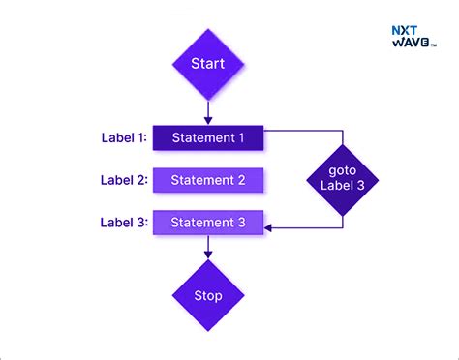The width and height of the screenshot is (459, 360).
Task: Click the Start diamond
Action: coord(207,65)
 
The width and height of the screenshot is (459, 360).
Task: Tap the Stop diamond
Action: coord(207,295)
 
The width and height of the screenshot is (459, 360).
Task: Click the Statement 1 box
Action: coord(208,137)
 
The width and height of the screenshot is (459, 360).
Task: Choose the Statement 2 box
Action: coord(208,180)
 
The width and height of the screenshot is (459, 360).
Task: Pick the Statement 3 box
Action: coord(208,223)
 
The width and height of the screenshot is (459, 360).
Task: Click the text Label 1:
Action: coord(124,137)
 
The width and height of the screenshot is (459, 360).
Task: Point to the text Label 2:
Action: coord(124,180)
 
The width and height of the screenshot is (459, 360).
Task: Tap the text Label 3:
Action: coord(124,223)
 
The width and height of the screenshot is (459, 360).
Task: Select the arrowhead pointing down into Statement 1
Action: coord(207,120)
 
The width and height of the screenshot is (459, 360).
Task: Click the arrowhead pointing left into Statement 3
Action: coord(270,228)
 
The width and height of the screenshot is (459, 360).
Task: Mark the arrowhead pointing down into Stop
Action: coord(207,255)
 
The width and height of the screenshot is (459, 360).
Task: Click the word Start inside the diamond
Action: coord(207,65)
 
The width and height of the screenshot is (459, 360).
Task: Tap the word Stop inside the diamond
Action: coord(207,295)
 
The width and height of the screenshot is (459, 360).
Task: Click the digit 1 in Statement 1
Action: coord(241,137)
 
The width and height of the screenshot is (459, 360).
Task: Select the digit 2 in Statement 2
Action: coord(241,180)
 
